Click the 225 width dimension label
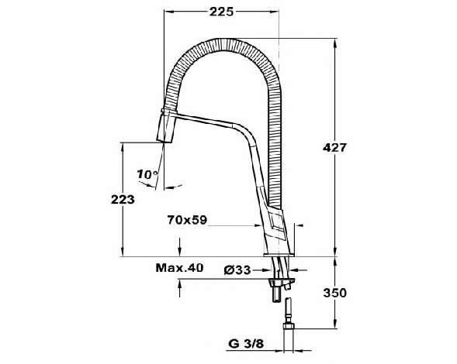click(221, 12)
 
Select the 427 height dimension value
click(334, 148)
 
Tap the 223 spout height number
click(123, 200)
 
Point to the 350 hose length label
click(334, 293)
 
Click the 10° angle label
click(147, 174)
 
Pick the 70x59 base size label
click(187, 220)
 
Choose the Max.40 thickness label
click(179, 268)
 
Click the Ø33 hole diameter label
click(237, 270)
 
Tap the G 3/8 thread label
click(246, 344)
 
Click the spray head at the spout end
click(167, 126)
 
